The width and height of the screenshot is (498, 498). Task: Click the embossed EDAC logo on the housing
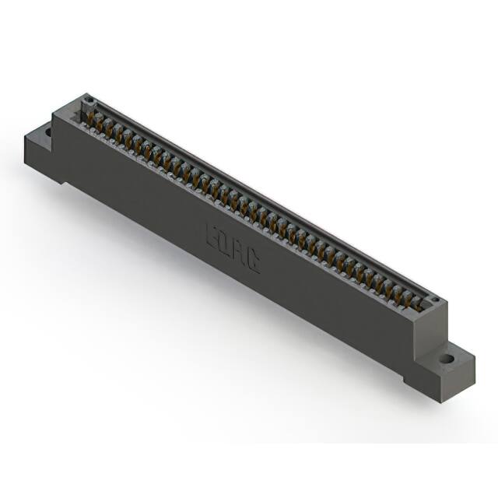(233, 247)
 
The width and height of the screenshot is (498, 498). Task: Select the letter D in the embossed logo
(226, 244)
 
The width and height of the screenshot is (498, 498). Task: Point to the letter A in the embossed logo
(240, 251)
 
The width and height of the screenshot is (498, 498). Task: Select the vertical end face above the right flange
(428, 335)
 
